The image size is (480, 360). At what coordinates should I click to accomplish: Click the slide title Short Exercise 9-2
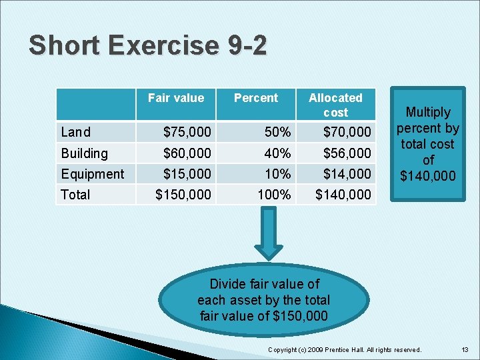click(147, 46)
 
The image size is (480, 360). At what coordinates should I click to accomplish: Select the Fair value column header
click(175, 98)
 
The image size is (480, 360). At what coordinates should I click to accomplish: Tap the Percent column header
click(255, 98)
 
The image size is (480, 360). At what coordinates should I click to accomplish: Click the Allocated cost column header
click(335, 105)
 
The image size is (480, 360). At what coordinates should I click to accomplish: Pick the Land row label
click(75, 133)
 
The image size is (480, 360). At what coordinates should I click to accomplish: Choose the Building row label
click(84, 153)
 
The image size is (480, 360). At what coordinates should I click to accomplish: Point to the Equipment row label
click(92, 174)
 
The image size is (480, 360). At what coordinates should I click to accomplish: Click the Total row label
click(75, 195)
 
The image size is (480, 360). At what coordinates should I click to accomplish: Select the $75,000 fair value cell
click(187, 133)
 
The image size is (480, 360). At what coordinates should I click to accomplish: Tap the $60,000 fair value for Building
click(187, 153)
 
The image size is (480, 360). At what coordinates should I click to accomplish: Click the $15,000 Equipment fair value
click(187, 174)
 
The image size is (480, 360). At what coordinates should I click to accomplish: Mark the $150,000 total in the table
click(183, 195)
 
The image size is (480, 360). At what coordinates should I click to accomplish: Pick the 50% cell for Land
click(277, 133)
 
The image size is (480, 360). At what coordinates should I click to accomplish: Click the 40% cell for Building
click(277, 153)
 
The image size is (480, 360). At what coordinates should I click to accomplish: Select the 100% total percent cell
click(274, 195)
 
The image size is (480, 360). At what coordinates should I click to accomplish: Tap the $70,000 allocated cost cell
click(347, 133)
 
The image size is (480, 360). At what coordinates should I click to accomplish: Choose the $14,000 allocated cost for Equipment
click(347, 174)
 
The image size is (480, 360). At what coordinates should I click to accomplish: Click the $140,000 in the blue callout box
click(428, 176)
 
